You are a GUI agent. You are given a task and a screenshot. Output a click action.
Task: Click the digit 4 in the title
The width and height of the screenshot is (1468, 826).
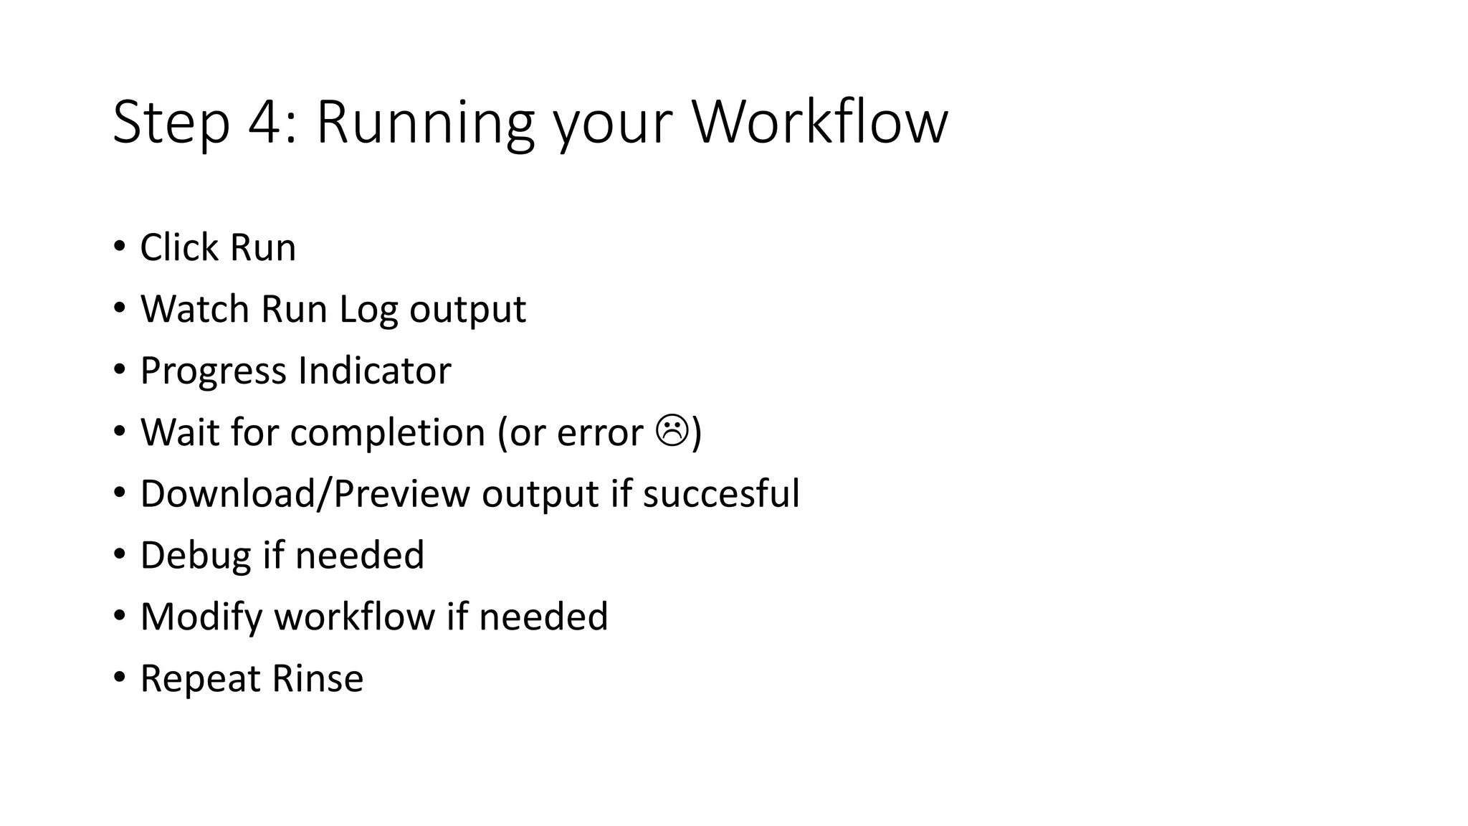(x=266, y=123)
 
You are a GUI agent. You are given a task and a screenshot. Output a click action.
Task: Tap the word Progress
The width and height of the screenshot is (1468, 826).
(x=213, y=371)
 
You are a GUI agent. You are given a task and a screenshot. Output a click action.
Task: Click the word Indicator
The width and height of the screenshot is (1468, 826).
(x=374, y=371)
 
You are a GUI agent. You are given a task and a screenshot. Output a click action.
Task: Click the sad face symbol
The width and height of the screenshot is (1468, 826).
(x=672, y=431)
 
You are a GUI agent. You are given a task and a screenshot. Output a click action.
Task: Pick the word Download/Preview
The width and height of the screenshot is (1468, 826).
(x=305, y=494)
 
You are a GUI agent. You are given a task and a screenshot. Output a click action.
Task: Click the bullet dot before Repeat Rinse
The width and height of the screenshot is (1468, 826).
(x=119, y=677)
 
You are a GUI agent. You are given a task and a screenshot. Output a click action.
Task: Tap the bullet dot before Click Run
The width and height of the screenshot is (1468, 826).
(x=119, y=246)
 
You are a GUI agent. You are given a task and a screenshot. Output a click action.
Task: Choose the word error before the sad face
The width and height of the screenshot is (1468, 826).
(x=600, y=433)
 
